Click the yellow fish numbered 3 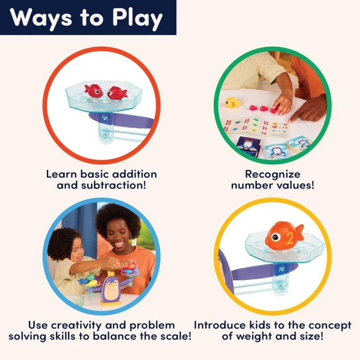click(232, 103)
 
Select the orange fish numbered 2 click(284, 236)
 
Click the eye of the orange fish click(275, 238)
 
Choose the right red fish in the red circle click(117, 93)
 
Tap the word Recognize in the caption click(273, 175)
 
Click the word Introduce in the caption click(220, 325)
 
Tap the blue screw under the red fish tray click(104, 119)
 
